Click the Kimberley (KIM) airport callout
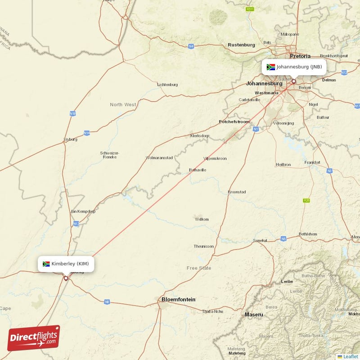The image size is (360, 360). tap(66, 264)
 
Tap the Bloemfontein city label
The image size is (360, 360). tap(179, 299)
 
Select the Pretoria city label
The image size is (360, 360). tap(300, 56)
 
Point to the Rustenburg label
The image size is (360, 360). tap(241, 45)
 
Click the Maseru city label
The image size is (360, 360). tap(254, 314)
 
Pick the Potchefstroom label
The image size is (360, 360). tap(234, 122)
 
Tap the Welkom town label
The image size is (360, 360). tap(202, 219)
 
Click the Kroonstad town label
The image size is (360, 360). tap(237, 192)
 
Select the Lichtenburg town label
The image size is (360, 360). tap(167, 85)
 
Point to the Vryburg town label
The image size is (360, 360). tap(71, 139)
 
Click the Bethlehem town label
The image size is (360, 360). tap(308, 234)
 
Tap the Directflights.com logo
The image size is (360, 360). tap(34, 338)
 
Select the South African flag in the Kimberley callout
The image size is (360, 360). tap(46, 264)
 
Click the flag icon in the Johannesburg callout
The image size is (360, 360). tap(271, 67)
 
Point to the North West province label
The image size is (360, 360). tap(123, 105)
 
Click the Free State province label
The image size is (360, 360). tap(199, 268)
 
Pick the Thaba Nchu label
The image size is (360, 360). tap(212, 311)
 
